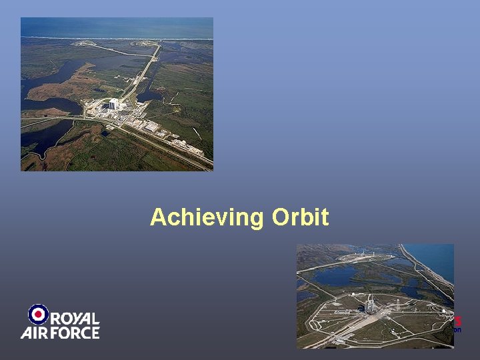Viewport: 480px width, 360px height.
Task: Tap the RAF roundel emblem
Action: click(x=39, y=314)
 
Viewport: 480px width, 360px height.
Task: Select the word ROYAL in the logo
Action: click(x=75, y=319)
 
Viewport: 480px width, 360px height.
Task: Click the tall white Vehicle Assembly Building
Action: click(x=113, y=105)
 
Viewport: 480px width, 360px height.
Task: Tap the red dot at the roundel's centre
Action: click(x=39, y=314)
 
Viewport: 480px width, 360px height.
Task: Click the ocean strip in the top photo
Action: click(x=117, y=27)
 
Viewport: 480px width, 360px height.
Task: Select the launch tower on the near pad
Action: click(x=369, y=305)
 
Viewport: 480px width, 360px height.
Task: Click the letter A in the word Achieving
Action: click(x=158, y=217)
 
